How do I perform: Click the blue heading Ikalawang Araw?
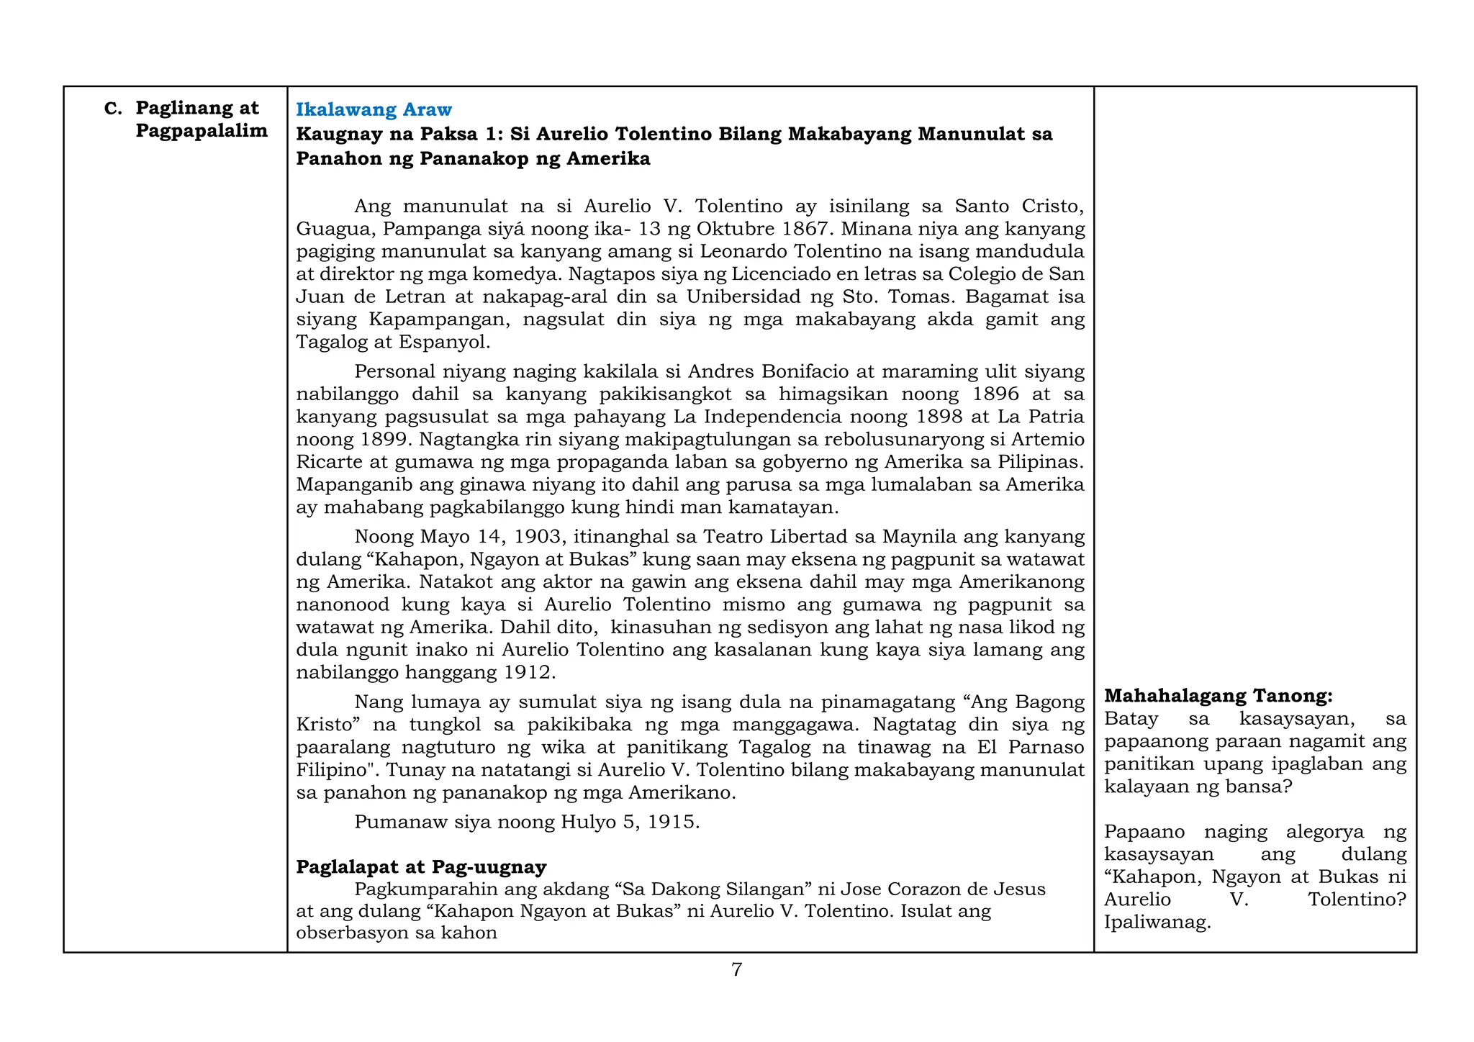click(x=374, y=109)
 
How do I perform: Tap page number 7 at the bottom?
click(x=736, y=969)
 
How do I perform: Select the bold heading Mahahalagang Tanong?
click(x=1218, y=696)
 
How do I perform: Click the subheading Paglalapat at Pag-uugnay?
click(x=421, y=866)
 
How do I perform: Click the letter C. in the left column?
click(x=113, y=109)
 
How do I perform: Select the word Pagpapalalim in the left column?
click(x=202, y=131)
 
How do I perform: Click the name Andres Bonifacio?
click(x=766, y=371)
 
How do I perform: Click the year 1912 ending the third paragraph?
click(x=528, y=673)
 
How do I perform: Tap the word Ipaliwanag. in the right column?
click(x=1157, y=923)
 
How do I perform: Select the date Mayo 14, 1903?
click(x=487, y=537)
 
